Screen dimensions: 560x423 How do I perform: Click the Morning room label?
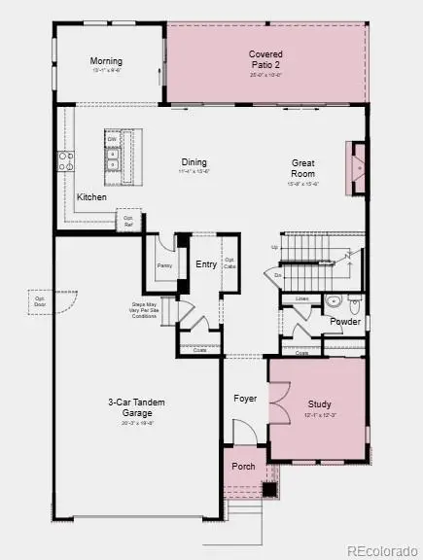click(106, 61)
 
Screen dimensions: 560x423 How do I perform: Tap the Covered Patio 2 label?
click(265, 58)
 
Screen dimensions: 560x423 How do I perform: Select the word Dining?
click(194, 162)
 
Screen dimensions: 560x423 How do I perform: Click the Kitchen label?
click(92, 197)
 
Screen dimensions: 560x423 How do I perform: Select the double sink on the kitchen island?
click(114, 159)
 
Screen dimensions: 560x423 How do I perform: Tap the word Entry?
click(206, 264)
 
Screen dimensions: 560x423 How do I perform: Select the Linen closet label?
click(302, 298)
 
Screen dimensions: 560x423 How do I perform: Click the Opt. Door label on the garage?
click(41, 296)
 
